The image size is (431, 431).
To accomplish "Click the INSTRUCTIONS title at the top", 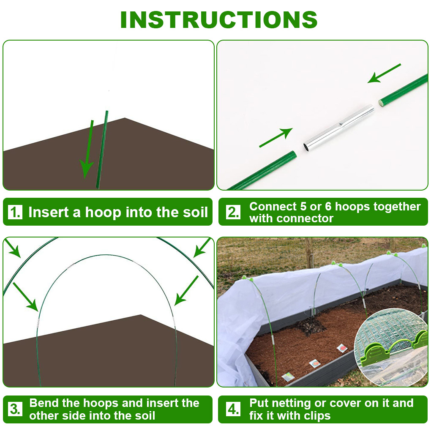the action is [x=219, y=20].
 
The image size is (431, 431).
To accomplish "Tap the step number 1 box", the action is [x=15, y=212].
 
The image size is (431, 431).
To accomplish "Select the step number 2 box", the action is [x=233, y=212].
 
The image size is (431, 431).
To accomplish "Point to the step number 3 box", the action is [x=15, y=409].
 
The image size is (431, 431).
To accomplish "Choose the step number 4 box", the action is [x=233, y=409].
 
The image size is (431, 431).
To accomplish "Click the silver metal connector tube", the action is [x=338, y=128].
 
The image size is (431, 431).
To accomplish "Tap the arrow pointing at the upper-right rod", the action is [x=384, y=74].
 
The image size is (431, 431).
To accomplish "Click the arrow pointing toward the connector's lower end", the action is [x=276, y=138].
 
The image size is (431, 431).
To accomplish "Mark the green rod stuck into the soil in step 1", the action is [x=102, y=150].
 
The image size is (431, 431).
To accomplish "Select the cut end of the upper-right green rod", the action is [x=381, y=103].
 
